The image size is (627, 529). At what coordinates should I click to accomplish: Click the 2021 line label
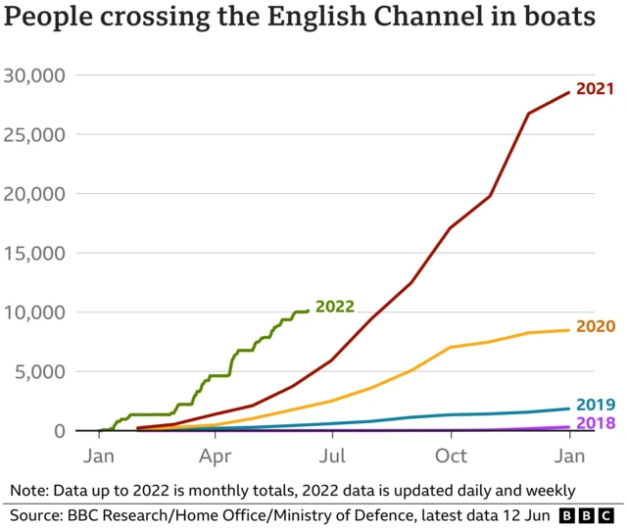[x=595, y=89]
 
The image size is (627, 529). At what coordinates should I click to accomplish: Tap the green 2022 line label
[x=335, y=307]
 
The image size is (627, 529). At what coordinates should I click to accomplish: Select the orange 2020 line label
[x=595, y=326]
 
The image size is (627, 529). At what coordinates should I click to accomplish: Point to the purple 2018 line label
[x=595, y=423]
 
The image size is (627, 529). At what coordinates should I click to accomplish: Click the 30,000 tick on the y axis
[x=34, y=75]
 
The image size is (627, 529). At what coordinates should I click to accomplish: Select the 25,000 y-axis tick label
[x=34, y=134]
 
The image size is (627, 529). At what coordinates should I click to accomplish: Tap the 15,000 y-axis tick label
[x=34, y=253]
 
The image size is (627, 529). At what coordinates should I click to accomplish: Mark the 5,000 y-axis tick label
[x=39, y=371]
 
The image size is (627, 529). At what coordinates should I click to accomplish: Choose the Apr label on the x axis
[x=215, y=456]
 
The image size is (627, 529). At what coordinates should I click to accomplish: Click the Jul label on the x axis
[x=333, y=456]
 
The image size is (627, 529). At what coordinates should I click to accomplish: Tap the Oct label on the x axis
[x=451, y=456]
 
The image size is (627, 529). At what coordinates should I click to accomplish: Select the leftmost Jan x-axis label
[x=99, y=456]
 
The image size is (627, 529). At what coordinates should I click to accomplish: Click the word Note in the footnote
[x=29, y=489]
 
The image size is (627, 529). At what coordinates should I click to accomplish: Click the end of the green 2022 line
[x=308, y=311]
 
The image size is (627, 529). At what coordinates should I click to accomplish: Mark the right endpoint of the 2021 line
[x=568, y=93]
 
